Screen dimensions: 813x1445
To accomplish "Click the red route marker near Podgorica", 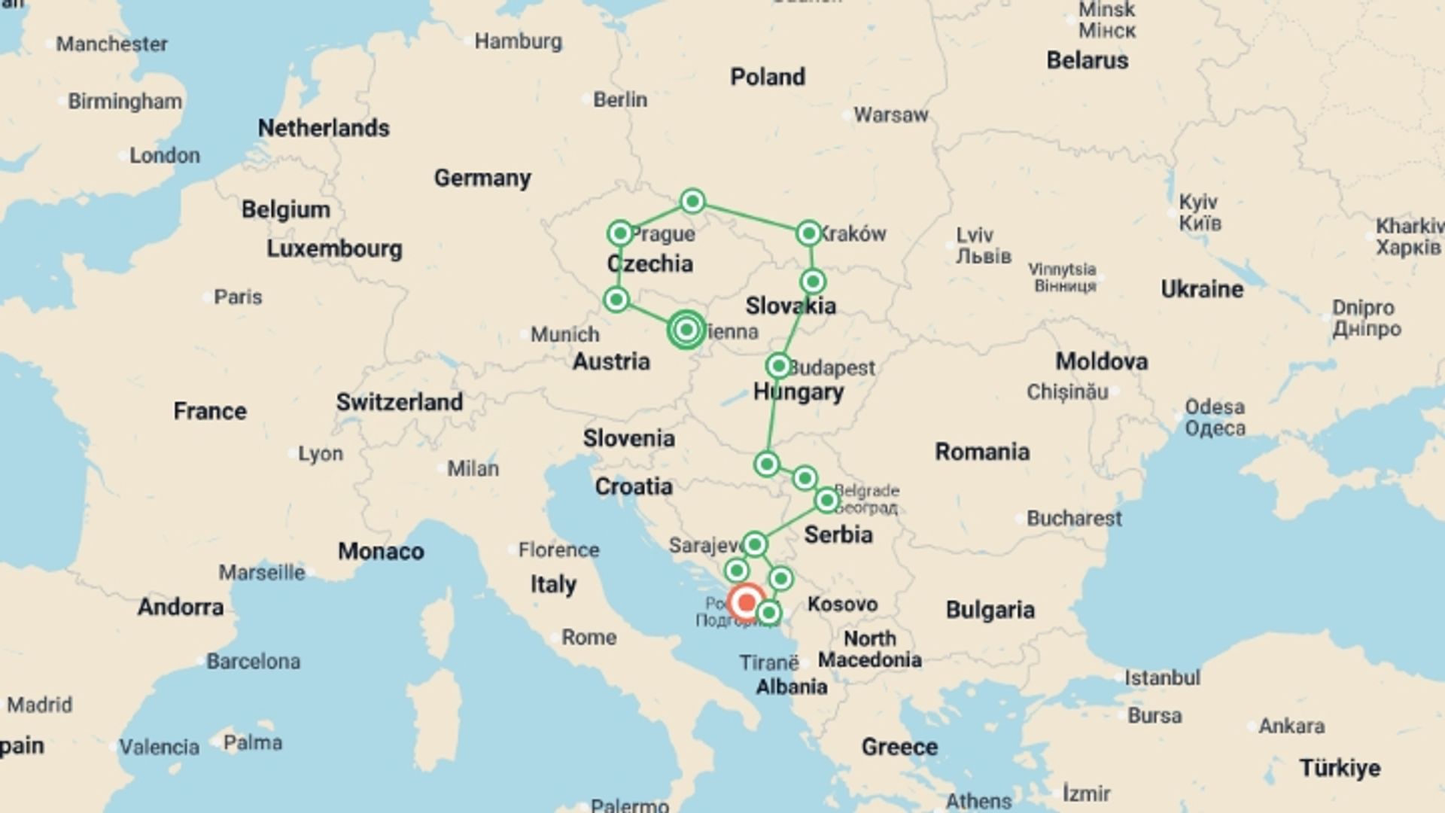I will [747, 601].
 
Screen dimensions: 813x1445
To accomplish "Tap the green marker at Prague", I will [620, 233].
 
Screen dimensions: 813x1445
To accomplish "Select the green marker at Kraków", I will [808, 233].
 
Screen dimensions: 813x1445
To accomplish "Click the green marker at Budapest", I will [778, 367].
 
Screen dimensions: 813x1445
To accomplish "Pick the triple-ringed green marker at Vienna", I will [686, 330].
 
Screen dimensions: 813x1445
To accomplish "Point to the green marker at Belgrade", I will [826, 500].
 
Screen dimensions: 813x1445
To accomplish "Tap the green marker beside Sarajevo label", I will [755, 544].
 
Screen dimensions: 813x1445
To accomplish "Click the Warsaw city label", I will [891, 115].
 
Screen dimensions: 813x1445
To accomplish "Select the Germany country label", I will [482, 178].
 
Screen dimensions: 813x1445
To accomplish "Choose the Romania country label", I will [982, 452].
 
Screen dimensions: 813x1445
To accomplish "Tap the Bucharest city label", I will [1074, 519].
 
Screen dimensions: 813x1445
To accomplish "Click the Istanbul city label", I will [1162, 678].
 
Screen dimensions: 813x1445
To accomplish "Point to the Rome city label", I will [589, 638].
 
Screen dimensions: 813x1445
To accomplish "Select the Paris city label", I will [238, 297].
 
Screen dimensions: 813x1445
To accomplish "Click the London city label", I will [164, 156].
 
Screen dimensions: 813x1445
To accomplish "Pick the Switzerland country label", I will [399, 402].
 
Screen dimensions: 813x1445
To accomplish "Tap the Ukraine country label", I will [1202, 289].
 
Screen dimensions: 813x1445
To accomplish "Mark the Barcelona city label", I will [254, 662].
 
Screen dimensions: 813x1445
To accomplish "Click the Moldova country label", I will [1101, 361].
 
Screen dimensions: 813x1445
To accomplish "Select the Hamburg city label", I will [518, 41].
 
